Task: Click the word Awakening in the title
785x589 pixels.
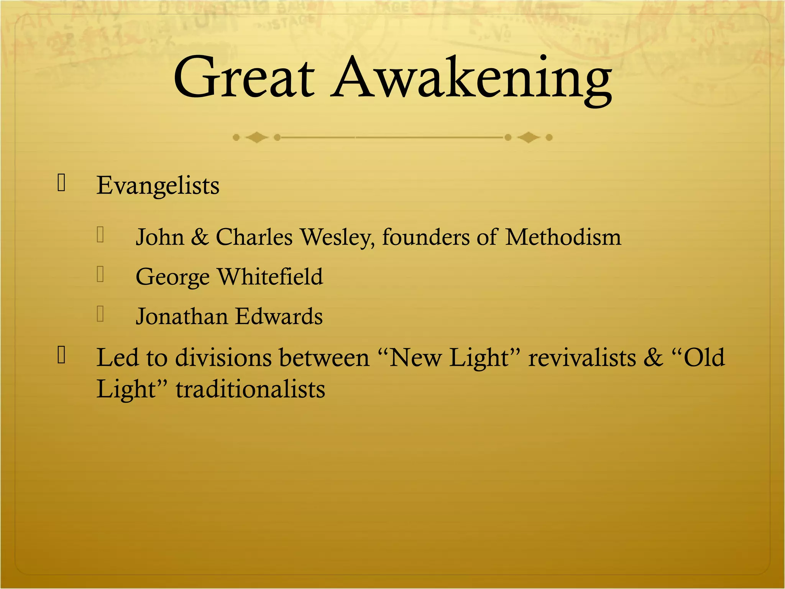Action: [x=471, y=81]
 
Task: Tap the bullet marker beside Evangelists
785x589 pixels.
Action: [x=61, y=182]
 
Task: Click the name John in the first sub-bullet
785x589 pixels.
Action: [x=160, y=237]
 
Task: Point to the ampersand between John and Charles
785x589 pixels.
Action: [x=200, y=237]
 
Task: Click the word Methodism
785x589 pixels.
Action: [x=563, y=237]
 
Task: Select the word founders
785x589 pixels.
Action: [x=426, y=237]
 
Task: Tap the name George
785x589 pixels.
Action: [x=172, y=277]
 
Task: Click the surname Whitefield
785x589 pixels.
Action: [x=270, y=276]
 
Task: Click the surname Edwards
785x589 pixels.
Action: [x=279, y=317]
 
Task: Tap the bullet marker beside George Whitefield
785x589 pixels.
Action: [x=100, y=274]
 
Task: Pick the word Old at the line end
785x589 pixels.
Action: [x=704, y=358]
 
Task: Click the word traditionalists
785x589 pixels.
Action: [x=250, y=390]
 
